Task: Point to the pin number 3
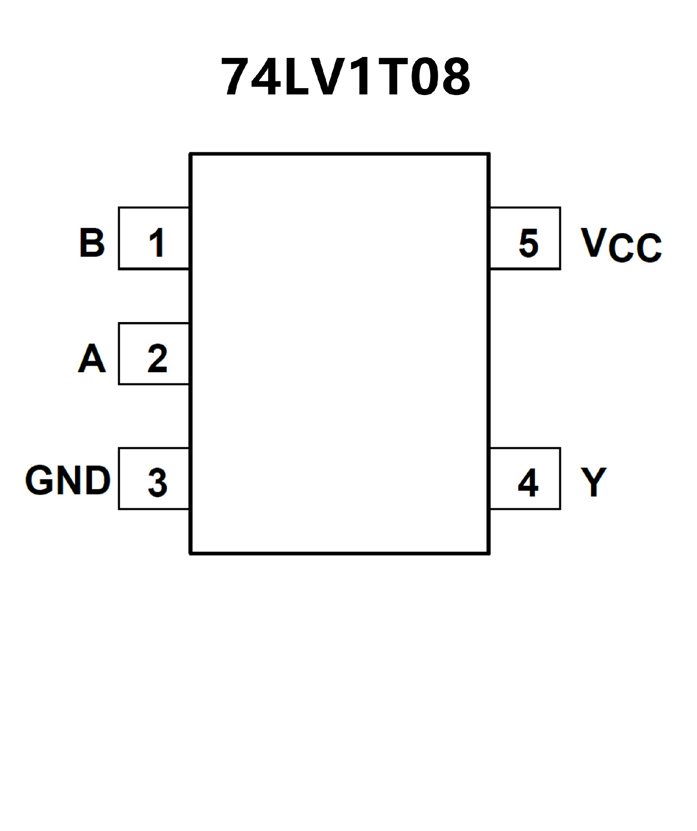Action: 158,482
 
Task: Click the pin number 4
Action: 528,482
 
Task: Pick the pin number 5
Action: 529,243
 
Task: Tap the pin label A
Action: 92,358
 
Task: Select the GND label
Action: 68,480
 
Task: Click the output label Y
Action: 593,482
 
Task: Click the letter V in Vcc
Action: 594,242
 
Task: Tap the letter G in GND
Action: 40,480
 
